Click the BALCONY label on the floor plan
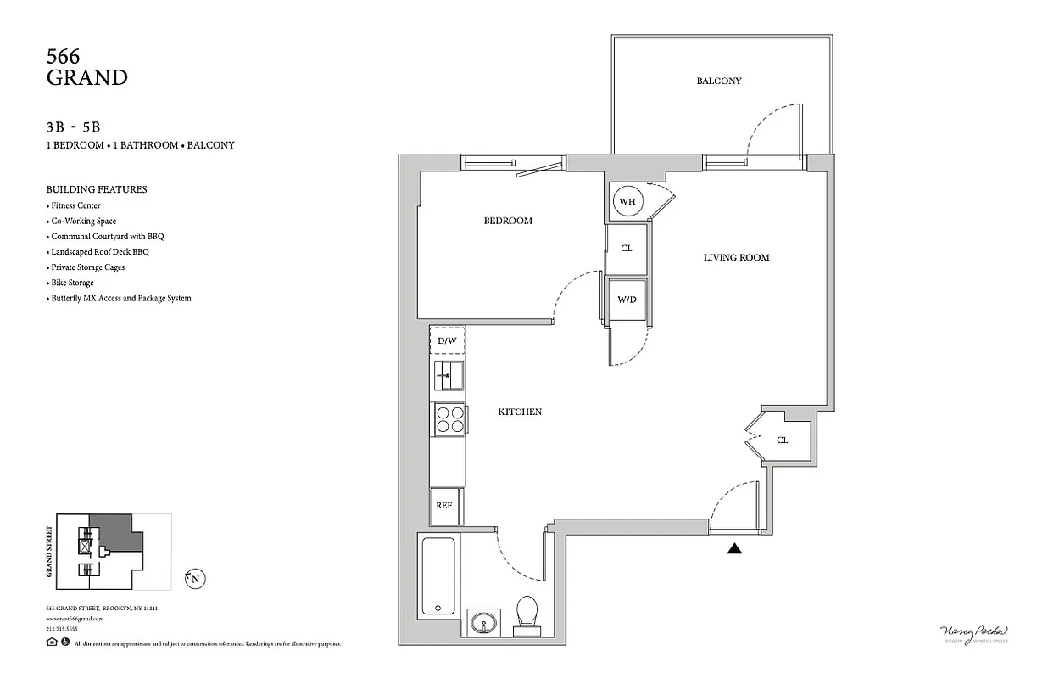[719, 81]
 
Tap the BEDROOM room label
[508, 221]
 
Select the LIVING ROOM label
[736, 257]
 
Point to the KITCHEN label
[519, 412]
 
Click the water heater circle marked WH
[627, 202]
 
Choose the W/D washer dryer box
[627, 300]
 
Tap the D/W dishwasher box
[447, 340]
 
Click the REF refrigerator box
[445, 505]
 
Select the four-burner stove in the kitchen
[449, 419]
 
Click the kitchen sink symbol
[449, 374]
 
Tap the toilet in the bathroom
[527, 614]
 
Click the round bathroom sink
[484, 623]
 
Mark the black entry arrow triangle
[734, 549]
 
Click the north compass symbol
[196, 580]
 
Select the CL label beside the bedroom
[627, 249]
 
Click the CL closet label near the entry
[782, 441]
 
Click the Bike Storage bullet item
[72, 283]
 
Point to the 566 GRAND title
[86, 68]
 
